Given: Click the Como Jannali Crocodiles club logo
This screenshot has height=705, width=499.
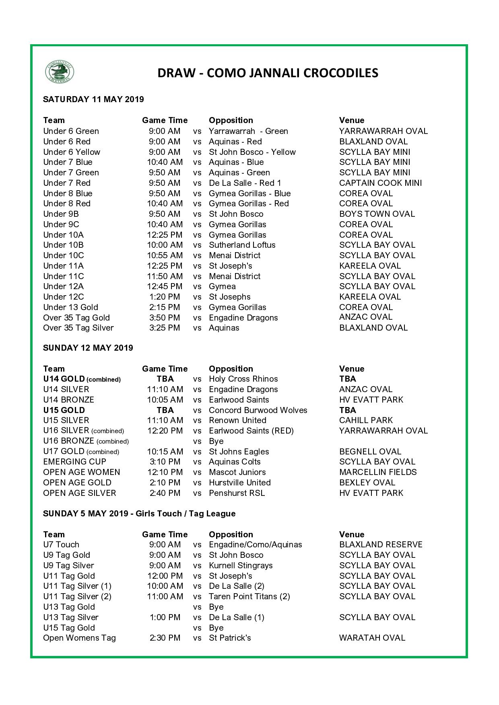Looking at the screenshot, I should pyautogui.click(x=60, y=72).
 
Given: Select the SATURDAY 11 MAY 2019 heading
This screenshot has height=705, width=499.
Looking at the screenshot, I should pyautogui.click(x=93, y=99).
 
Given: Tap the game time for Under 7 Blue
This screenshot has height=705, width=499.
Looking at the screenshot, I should pyautogui.click(x=165, y=162).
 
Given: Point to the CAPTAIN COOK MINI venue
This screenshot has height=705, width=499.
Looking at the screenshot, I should pyautogui.click(x=380, y=183).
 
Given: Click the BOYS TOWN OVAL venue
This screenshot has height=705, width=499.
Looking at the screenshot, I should pyautogui.click(x=377, y=214).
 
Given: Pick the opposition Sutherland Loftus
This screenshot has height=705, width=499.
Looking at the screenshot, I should pyautogui.click(x=242, y=245).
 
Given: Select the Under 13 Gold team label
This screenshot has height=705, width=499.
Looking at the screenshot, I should pyautogui.click(x=70, y=307).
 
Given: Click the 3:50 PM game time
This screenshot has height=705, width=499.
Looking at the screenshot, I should pyautogui.click(x=165, y=318).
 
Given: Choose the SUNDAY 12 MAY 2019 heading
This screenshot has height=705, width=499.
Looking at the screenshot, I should pyautogui.click(x=88, y=348).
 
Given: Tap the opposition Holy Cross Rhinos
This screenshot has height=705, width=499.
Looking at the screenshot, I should pyautogui.click(x=243, y=379).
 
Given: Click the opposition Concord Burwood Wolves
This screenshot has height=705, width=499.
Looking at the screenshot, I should pyautogui.click(x=258, y=410).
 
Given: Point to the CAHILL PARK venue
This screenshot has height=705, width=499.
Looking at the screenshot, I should pyautogui.click(x=366, y=420).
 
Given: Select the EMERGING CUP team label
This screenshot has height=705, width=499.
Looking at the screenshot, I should pyautogui.click(x=74, y=462).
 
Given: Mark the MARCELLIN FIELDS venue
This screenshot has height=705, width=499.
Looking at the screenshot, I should pyautogui.click(x=378, y=472).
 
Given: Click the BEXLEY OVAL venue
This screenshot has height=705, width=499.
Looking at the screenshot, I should pyautogui.click(x=367, y=483).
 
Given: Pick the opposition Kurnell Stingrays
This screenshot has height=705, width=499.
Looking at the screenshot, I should pyautogui.click(x=241, y=565).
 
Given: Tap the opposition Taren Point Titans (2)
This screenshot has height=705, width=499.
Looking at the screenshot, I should pyautogui.click(x=249, y=596).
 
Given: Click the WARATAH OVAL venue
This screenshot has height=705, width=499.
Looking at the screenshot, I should pyautogui.click(x=372, y=638).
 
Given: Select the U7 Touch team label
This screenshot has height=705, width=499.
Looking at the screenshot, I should pyautogui.click(x=61, y=545).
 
